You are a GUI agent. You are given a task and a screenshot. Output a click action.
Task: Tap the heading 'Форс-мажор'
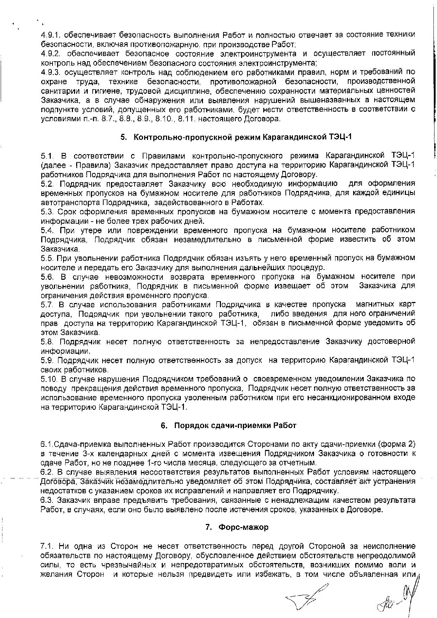tap(243, 527)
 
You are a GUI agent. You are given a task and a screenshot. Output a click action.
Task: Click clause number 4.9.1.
tap(51, 35)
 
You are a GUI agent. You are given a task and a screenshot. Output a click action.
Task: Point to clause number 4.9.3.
tap(51, 72)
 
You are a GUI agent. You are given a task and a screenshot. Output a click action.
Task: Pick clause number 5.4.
tap(47, 230)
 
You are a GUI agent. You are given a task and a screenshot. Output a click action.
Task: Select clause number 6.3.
tap(47, 500)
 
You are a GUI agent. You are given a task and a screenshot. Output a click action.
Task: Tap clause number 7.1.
tap(47, 546)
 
